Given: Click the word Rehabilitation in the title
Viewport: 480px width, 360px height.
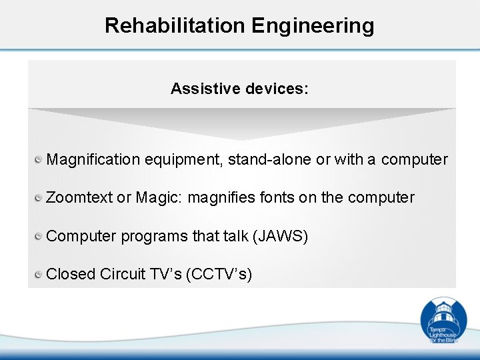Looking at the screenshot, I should point(175,25).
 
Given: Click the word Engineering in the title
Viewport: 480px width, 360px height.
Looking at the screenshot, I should point(313,25).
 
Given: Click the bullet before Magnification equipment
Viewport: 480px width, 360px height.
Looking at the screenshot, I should point(39,159).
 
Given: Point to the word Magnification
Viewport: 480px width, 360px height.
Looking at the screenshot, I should point(93,160).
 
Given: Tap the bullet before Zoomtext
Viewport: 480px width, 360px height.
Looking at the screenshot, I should point(39,197).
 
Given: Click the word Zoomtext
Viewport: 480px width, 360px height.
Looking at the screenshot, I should point(79,198).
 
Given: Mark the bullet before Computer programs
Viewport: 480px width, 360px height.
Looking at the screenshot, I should point(39,235).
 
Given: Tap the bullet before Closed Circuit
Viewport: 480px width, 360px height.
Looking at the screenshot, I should point(39,273).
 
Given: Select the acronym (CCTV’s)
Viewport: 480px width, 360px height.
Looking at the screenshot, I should point(221,275).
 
